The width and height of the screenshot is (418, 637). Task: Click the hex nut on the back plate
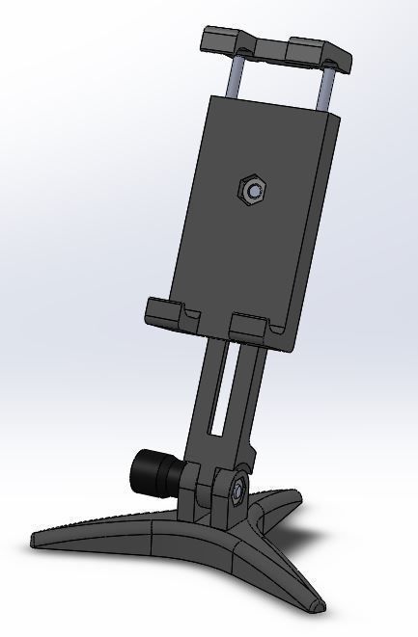tap(253, 190)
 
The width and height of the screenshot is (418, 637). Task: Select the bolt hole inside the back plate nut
tap(253, 191)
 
